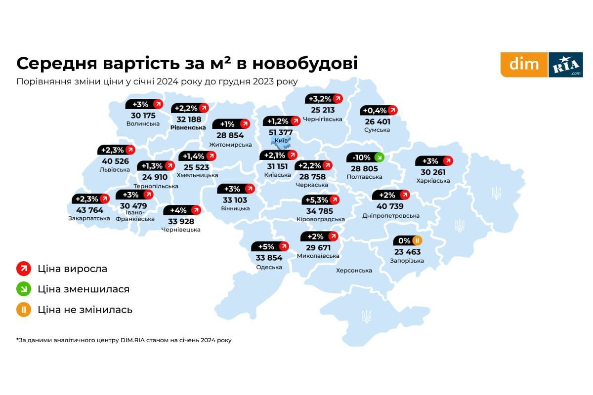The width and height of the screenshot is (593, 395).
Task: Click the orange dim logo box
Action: coord(524,65)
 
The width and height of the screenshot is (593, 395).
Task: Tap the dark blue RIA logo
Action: coord(565,65)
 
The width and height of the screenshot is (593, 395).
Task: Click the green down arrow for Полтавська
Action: coord(379,158)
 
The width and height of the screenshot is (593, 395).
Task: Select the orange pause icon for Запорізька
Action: coord(417,241)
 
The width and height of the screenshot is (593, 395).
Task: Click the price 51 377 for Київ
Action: coord(280,132)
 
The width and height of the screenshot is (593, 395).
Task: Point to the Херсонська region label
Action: coord(354,271)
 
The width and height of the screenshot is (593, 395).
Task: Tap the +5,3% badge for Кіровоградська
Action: coord(321,200)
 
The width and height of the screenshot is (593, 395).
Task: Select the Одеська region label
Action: coord(269,267)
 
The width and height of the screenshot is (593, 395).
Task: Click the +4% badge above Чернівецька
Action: coord(182,210)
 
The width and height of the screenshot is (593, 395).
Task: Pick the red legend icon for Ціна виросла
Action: coord(23,269)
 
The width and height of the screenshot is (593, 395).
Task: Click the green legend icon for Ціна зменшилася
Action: coord(23,289)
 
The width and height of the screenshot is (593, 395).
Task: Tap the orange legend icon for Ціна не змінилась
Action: coord(23,310)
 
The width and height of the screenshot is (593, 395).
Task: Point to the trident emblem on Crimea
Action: coord(366,316)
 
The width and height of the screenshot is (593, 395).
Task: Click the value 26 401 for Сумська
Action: coord(377,121)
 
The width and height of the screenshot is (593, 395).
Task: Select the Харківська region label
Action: coord(433,181)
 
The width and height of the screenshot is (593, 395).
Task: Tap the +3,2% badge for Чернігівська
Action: coord(324,98)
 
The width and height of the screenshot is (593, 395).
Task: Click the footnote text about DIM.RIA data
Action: coord(124,340)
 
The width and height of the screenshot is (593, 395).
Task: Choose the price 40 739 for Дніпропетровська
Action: coord(390,206)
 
